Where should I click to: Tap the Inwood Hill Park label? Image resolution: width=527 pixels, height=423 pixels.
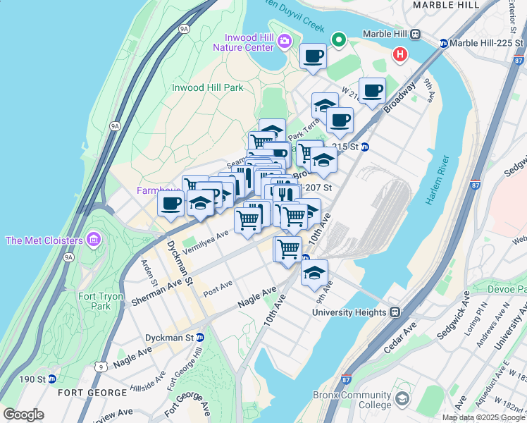coord(208,87)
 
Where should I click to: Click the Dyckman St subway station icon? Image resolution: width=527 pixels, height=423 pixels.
coord(200,338)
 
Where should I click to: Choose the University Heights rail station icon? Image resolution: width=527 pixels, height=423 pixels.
coord(396,311)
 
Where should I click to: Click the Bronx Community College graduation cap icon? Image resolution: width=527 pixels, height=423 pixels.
coord(402,400)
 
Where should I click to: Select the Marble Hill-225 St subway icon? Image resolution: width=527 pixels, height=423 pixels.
coord(444,42)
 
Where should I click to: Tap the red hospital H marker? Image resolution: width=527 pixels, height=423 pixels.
coord(400,54)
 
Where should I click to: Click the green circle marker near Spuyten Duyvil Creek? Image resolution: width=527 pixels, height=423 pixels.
coord(339,39)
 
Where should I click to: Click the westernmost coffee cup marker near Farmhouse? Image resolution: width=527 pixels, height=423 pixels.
coord(171,204)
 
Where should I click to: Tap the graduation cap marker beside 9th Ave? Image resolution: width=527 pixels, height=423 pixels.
coord(314,272)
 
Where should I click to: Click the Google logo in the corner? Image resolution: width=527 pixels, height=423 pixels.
coord(23,415)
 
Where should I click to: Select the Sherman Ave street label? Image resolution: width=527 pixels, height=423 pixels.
coord(153,290)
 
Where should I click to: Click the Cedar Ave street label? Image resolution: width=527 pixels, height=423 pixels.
coord(401,336)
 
